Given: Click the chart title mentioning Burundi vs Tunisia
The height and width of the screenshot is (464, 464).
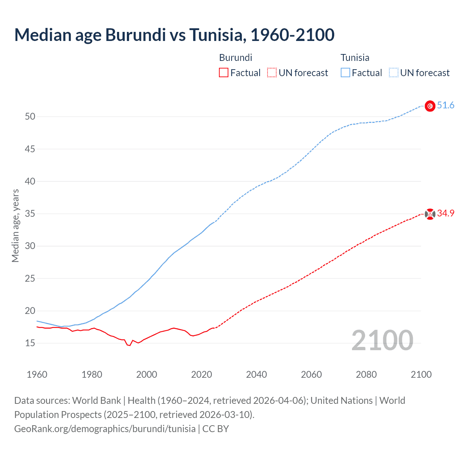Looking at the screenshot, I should [174, 35].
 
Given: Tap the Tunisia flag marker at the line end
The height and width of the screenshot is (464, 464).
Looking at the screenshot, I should [430, 106].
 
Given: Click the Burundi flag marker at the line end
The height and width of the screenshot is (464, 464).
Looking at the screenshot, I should [430, 214].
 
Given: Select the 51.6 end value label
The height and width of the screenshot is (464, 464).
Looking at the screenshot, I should [446, 105].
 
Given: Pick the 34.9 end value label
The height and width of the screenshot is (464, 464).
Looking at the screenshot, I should [446, 213].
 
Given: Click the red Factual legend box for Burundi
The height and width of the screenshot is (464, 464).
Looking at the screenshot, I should [224, 73].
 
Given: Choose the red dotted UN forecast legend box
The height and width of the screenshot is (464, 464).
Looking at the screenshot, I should [272, 73].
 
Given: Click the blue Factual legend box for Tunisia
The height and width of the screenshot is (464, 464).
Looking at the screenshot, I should [345, 73].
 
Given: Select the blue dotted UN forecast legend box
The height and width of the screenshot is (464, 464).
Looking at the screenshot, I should [393, 73].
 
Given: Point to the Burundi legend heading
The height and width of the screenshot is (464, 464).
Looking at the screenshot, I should [236, 58].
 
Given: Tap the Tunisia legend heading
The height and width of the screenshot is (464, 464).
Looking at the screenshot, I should [355, 58].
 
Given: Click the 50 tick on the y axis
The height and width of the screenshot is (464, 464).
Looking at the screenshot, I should [30, 116].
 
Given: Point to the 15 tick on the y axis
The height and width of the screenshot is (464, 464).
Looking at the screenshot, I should [30, 343].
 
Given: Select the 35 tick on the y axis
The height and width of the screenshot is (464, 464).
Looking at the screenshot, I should [30, 214].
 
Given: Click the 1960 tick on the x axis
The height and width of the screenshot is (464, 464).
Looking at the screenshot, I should [37, 374].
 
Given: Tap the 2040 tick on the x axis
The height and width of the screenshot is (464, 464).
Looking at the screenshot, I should [256, 374].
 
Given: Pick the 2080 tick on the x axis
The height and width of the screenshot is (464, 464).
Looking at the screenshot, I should [366, 374].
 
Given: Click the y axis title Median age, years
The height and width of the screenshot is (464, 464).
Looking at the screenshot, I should [15, 225].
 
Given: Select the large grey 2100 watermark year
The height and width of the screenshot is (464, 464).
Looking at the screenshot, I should [382, 340].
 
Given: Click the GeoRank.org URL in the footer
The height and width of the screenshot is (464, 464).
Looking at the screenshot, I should [105, 428].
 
